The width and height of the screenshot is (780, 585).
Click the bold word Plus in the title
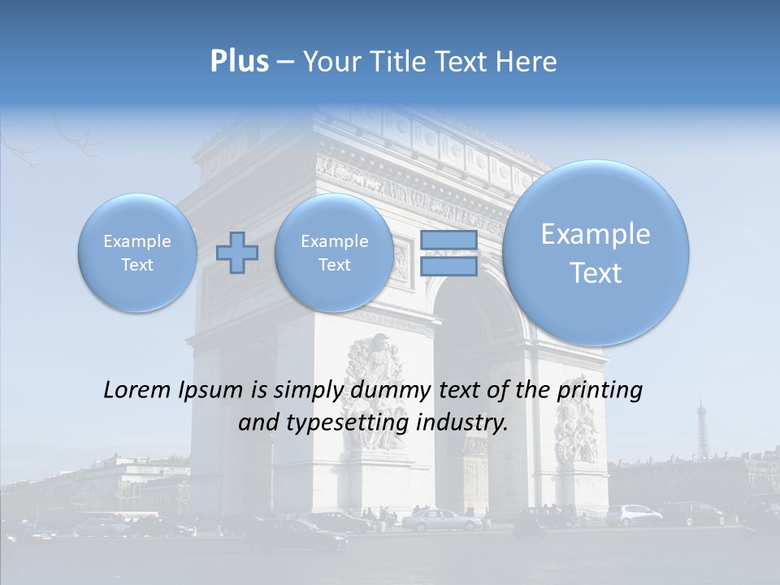point(239,62)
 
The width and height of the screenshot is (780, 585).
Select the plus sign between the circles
point(237,253)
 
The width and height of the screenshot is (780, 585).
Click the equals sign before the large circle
point(448,253)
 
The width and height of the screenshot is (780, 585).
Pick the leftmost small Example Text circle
point(137,253)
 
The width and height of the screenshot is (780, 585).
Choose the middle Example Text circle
point(335,253)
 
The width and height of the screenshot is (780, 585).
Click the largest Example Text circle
point(596,253)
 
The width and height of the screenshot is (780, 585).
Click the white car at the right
point(634,514)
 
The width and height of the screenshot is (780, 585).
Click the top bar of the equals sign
point(448,240)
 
